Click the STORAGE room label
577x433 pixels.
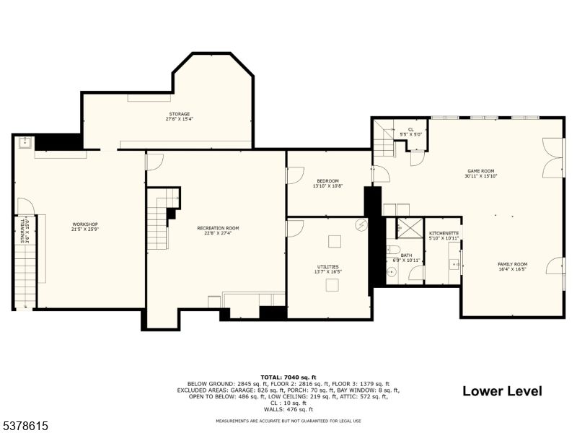(180, 114)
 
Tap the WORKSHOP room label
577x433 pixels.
(84, 224)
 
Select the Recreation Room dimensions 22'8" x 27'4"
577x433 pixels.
(218, 233)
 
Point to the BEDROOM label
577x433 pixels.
(327, 180)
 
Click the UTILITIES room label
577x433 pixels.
(327, 266)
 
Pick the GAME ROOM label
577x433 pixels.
(481, 170)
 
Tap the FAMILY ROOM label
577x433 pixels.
(512, 264)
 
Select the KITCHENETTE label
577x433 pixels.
(444, 233)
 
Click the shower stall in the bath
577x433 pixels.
(409, 228)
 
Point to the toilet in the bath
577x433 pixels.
(392, 250)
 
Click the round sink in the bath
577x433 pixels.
(392, 272)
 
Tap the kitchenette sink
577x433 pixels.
(455, 264)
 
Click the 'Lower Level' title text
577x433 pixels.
(502, 391)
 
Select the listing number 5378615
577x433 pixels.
(26, 427)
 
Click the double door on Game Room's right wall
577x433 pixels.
(553, 158)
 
